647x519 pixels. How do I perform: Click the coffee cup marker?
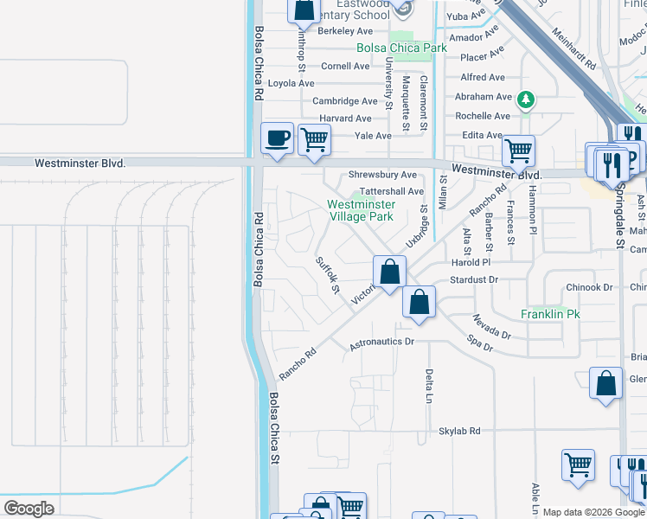[x=277, y=138]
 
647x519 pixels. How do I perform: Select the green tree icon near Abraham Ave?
[x=525, y=100]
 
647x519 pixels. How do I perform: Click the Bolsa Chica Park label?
[x=402, y=48]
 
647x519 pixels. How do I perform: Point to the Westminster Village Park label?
[x=362, y=210]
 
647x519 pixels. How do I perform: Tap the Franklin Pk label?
[x=549, y=315]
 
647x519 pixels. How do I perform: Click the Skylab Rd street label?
[x=471, y=431]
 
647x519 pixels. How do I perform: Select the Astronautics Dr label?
[x=382, y=343]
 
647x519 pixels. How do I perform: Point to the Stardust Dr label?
[x=475, y=279]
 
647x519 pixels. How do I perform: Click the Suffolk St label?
[x=327, y=274]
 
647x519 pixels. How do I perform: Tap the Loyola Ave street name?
[x=291, y=84]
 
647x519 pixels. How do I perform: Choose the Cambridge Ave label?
[x=345, y=101]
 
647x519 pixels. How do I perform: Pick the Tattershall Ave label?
[x=392, y=191]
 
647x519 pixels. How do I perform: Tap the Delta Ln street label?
[x=428, y=386]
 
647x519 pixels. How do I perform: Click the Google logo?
[x=29, y=509]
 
